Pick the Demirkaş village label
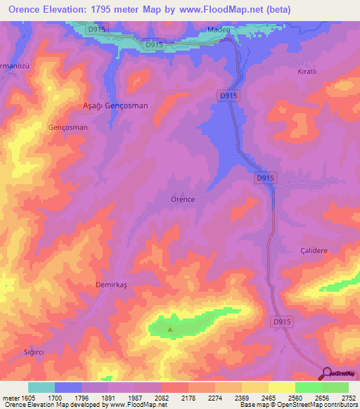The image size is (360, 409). (x=110, y=285)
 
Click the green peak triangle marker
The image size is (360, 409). (x=169, y=328)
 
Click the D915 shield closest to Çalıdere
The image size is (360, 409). (x=281, y=321)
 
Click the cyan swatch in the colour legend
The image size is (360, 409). (x=41, y=387)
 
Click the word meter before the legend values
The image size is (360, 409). (x=9, y=398)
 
